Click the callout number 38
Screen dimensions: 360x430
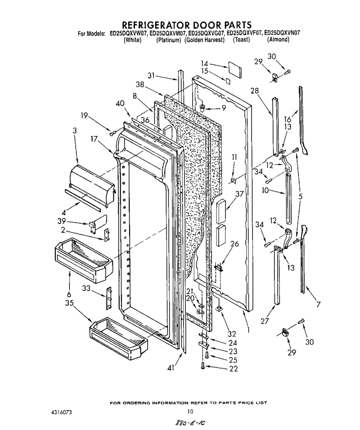click(x=140, y=85)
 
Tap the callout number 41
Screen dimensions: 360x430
click(x=171, y=368)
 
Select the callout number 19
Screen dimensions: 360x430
click(x=84, y=116)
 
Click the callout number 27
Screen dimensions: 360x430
click(x=265, y=321)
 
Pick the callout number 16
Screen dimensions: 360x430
click(x=287, y=119)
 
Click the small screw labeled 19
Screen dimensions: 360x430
click(x=112, y=134)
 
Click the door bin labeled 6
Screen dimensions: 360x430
click(x=84, y=260)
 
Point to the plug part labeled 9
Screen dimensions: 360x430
click(x=203, y=107)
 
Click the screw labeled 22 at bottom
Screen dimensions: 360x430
click(x=202, y=366)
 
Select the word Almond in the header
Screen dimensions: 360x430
click(x=278, y=40)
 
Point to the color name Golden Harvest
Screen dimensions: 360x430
click(x=204, y=40)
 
